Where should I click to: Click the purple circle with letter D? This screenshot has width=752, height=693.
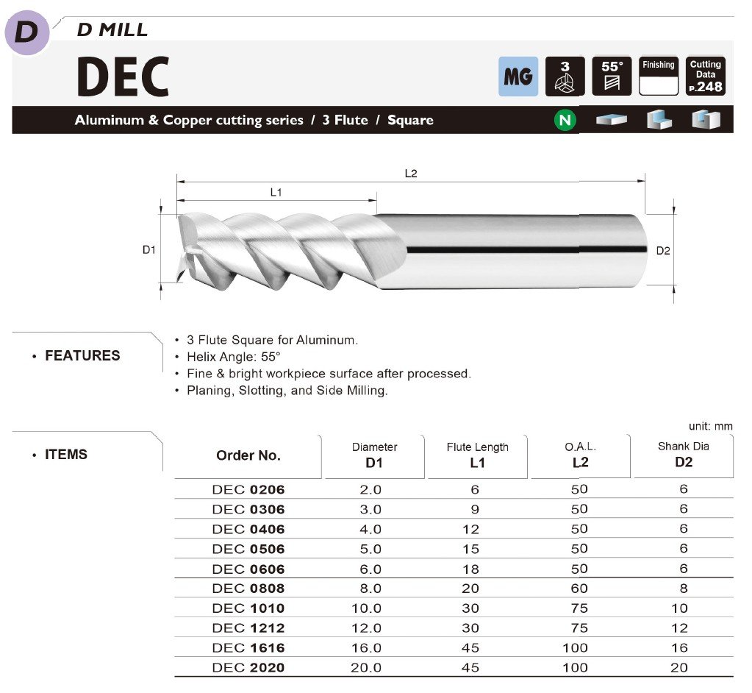pyautogui.click(x=27, y=32)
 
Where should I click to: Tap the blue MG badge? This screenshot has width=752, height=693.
pyautogui.click(x=518, y=77)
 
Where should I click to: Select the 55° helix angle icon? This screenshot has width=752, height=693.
pyautogui.click(x=612, y=77)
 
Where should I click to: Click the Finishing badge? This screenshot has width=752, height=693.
pyautogui.click(x=659, y=77)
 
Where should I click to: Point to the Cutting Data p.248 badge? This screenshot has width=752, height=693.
pyautogui.click(x=706, y=77)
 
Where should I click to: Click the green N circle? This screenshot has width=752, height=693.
pyautogui.click(x=565, y=119)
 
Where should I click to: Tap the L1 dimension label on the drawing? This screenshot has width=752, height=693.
pyautogui.click(x=276, y=193)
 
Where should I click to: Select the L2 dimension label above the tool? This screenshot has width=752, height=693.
pyautogui.click(x=411, y=174)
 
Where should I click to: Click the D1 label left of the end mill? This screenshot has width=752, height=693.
pyautogui.click(x=149, y=250)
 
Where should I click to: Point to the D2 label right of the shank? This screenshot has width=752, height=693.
pyautogui.click(x=663, y=251)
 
